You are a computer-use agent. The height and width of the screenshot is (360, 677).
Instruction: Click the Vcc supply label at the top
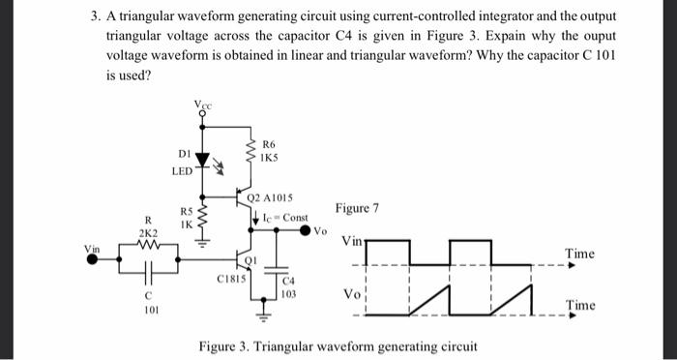point(201,103)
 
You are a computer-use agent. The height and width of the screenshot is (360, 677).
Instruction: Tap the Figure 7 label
point(357,208)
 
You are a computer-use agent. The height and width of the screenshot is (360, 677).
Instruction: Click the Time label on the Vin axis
point(580,254)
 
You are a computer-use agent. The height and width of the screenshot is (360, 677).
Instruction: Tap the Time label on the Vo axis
point(580,305)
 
